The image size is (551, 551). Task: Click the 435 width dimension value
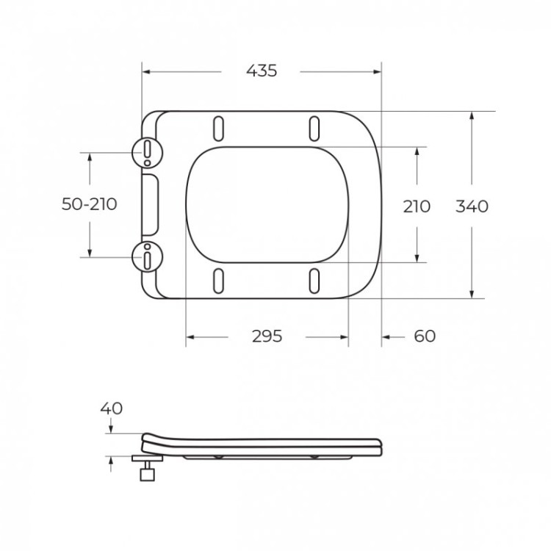click(x=262, y=71)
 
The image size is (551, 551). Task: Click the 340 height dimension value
click(x=472, y=206)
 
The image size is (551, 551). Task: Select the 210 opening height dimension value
click(x=417, y=206)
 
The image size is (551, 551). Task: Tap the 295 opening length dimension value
click(x=267, y=336)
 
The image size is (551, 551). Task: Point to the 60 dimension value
click(x=425, y=336)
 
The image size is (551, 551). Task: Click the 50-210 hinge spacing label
click(x=89, y=204)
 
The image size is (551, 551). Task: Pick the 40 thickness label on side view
click(x=112, y=408)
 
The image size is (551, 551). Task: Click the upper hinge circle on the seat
click(x=146, y=151)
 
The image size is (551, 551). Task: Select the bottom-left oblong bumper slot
click(x=218, y=281)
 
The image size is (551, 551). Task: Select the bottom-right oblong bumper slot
click(x=314, y=281)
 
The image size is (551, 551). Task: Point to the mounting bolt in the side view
click(x=148, y=467)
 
